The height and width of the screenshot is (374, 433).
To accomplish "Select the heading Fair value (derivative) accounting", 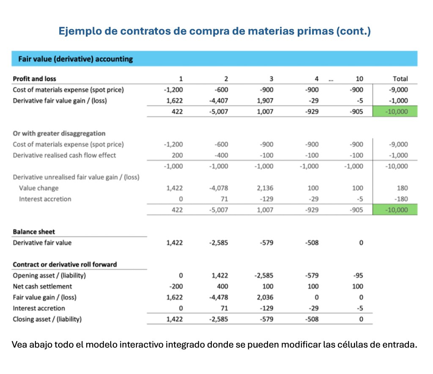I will (x=75, y=59).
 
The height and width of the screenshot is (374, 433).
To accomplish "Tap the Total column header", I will (x=400, y=79).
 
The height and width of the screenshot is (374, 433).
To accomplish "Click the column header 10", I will (x=359, y=79).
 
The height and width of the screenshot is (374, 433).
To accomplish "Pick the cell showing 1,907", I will (x=265, y=101).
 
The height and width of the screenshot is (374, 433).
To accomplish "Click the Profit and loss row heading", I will (x=34, y=79).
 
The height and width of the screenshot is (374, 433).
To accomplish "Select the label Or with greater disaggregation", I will (x=59, y=134).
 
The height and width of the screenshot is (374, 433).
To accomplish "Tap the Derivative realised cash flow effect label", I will (x=64, y=155).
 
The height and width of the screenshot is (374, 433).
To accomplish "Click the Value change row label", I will (x=39, y=188).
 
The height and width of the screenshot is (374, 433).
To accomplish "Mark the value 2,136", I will (x=265, y=188).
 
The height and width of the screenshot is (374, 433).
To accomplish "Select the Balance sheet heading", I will (x=34, y=232).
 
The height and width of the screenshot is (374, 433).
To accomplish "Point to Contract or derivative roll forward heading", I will (x=65, y=265).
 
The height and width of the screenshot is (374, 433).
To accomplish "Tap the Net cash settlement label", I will (x=40, y=287).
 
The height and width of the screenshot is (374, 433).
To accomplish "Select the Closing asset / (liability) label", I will (x=47, y=319).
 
